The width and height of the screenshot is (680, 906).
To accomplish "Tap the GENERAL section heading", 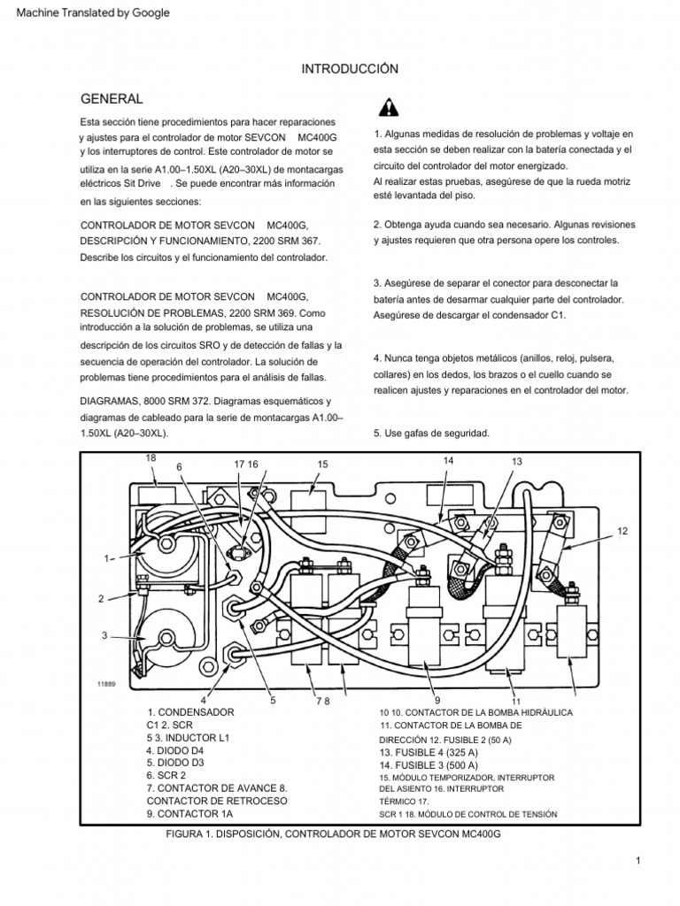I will pyautogui.click(x=112, y=98).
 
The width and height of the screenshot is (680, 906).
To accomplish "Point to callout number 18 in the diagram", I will pyautogui.click(x=150, y=457).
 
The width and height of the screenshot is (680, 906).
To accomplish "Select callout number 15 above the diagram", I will pyautogui.click(x=322, y=464).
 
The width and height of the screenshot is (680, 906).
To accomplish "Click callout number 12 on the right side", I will pyautogui.click(x=622, y=530).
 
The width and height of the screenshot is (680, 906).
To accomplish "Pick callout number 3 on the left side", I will pyautogui.click(x=104, y=636).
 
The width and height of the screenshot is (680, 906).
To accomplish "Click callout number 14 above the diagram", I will pyautogui.click(x=448, y=460).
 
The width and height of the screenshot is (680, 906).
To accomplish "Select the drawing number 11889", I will pyautogui.click(x=107, y=684).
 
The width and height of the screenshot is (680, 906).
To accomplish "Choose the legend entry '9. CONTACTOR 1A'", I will pyautogui.click(x=189, y=813).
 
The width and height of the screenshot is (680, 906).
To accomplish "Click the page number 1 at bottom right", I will pyautogui.click(x=637, y=860).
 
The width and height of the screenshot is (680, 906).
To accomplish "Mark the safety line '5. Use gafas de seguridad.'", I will pyautogui.click(x=432, y=433).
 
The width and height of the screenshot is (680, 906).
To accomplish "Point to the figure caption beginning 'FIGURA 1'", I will pyautogui.click(x=327, y=834).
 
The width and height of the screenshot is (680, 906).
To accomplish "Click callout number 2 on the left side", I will pyautogui.click(x=102, y=599).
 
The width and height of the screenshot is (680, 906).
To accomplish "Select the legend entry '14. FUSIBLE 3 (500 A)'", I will pyautogui.click(x=429, y=764).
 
